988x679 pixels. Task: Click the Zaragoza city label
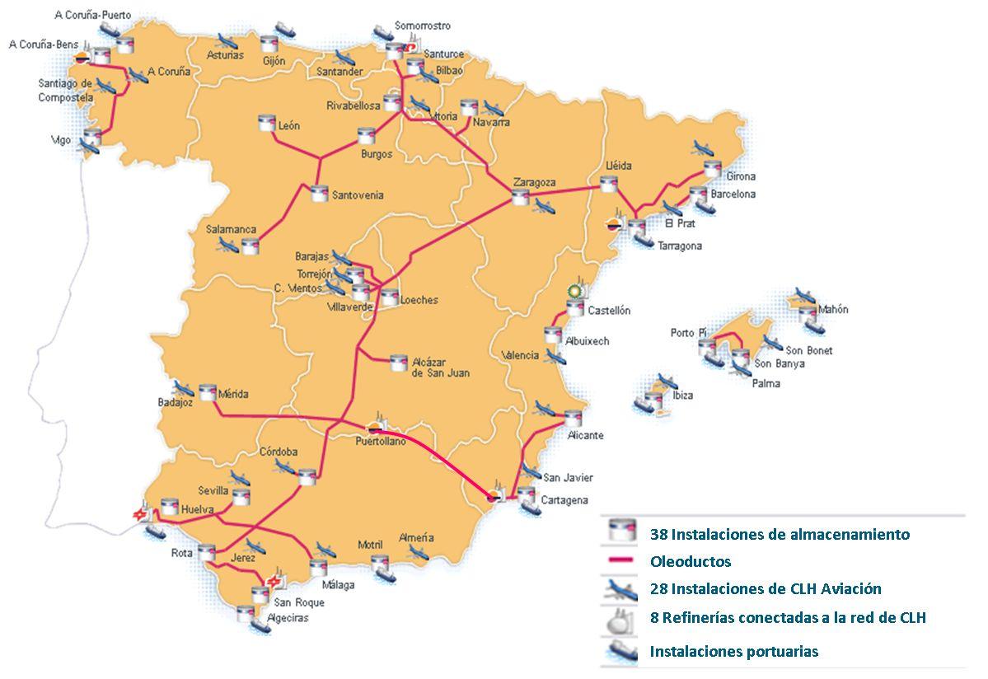(x=534, y=182)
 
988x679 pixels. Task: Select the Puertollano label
(x=380, y=442)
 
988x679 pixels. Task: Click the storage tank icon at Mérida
(x=206, y=392)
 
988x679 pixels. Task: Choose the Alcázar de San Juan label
(x=441, y=368)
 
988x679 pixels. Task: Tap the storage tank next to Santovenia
(x=319, y=194)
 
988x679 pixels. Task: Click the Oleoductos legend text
(x=690, y=562)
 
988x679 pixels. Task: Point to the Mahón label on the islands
(x=833, y=310)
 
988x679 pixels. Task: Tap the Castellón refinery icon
(x=574, y=292)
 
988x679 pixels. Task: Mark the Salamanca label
(x=232, y=230)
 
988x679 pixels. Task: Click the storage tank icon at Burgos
(x=366, y=136)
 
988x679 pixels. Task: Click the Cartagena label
(x=564, y=500)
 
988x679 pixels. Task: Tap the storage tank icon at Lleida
(x=609, y=184)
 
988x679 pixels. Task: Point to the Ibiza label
(x=682, y=396)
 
